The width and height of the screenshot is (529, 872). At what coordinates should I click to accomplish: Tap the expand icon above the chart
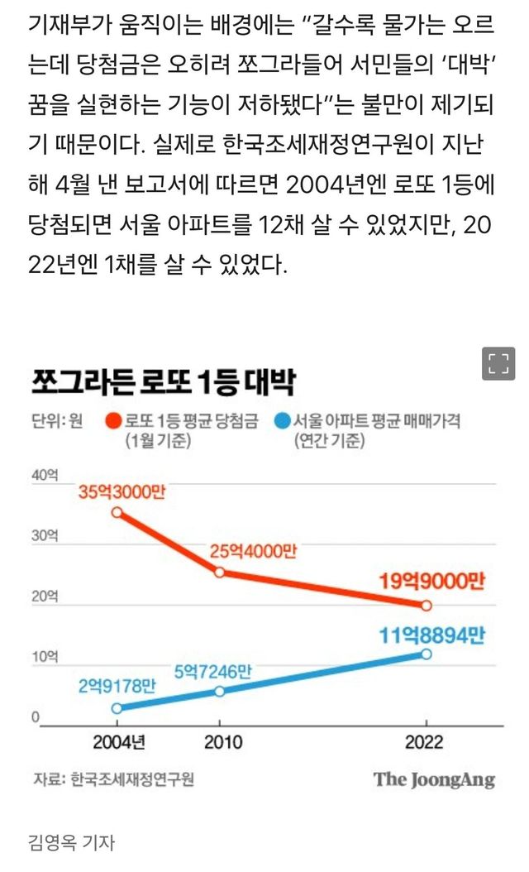point(498,364)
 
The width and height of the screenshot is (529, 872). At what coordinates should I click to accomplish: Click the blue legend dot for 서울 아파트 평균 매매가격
point(283,422)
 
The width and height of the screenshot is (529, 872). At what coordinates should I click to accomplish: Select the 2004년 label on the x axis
point(119,741)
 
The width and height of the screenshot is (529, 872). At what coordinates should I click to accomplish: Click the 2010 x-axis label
point(219,741)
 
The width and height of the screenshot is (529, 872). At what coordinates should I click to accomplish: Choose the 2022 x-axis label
point(425,741)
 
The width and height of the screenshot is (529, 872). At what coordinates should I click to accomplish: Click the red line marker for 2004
point(117,513)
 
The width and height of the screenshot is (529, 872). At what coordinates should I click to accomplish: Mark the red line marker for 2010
point(219,572)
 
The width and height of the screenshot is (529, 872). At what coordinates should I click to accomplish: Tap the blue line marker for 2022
point(426,654)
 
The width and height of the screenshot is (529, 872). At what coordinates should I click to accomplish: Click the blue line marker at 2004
point(117,708)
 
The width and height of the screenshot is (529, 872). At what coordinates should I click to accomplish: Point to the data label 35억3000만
point(122,492)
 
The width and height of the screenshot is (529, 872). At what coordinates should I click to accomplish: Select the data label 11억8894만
point(431,635)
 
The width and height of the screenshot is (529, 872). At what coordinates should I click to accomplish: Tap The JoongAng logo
point(433,779)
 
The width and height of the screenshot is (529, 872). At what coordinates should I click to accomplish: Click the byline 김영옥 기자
point(71,843)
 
